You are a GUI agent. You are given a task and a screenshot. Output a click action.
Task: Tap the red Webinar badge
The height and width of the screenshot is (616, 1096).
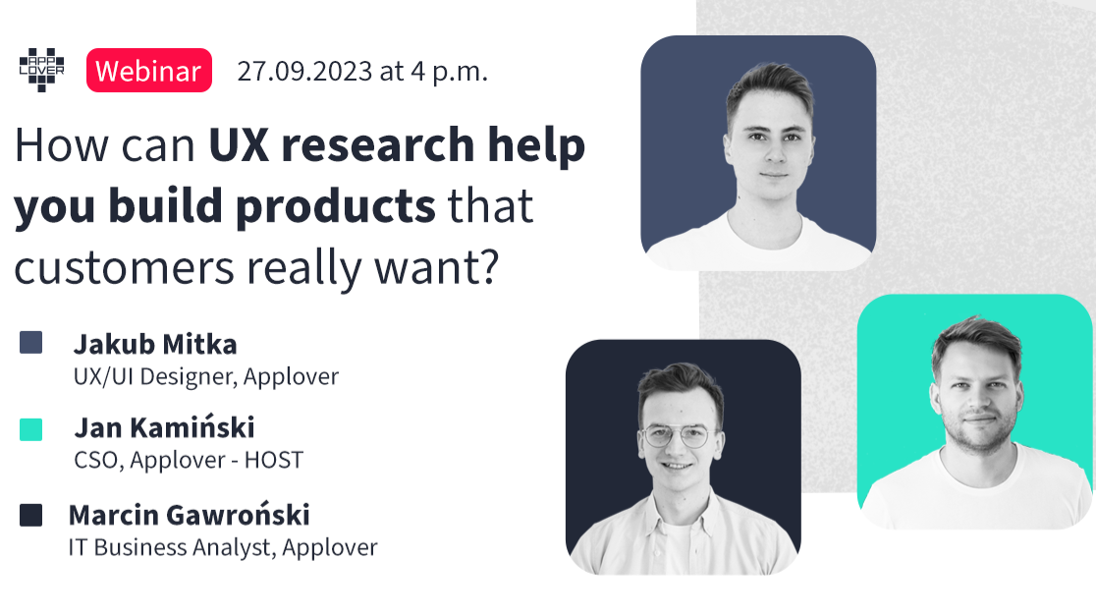pos(149,71)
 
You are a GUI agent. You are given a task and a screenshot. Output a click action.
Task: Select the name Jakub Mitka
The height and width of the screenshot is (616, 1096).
pos(155,344)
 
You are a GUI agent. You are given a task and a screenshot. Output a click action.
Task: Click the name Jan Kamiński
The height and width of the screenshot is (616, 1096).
pos(164,427)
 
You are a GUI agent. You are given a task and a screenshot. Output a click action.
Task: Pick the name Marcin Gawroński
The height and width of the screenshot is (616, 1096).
pos(189,515)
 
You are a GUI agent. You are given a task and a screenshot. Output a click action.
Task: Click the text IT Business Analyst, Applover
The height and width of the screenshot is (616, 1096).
pos(223,547)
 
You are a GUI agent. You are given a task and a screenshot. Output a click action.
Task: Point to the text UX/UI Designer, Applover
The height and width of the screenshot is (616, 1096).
pos(206,376)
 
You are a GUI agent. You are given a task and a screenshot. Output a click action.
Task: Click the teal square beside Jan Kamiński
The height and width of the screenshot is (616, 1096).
pos(31,429)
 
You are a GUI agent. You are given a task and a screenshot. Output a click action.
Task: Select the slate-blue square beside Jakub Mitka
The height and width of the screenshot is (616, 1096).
pos(31,343)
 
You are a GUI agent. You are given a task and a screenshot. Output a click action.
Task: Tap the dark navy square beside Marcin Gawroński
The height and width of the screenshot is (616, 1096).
pos(31,515)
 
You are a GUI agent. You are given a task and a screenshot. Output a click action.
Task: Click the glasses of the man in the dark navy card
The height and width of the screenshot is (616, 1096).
pos(676,435)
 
